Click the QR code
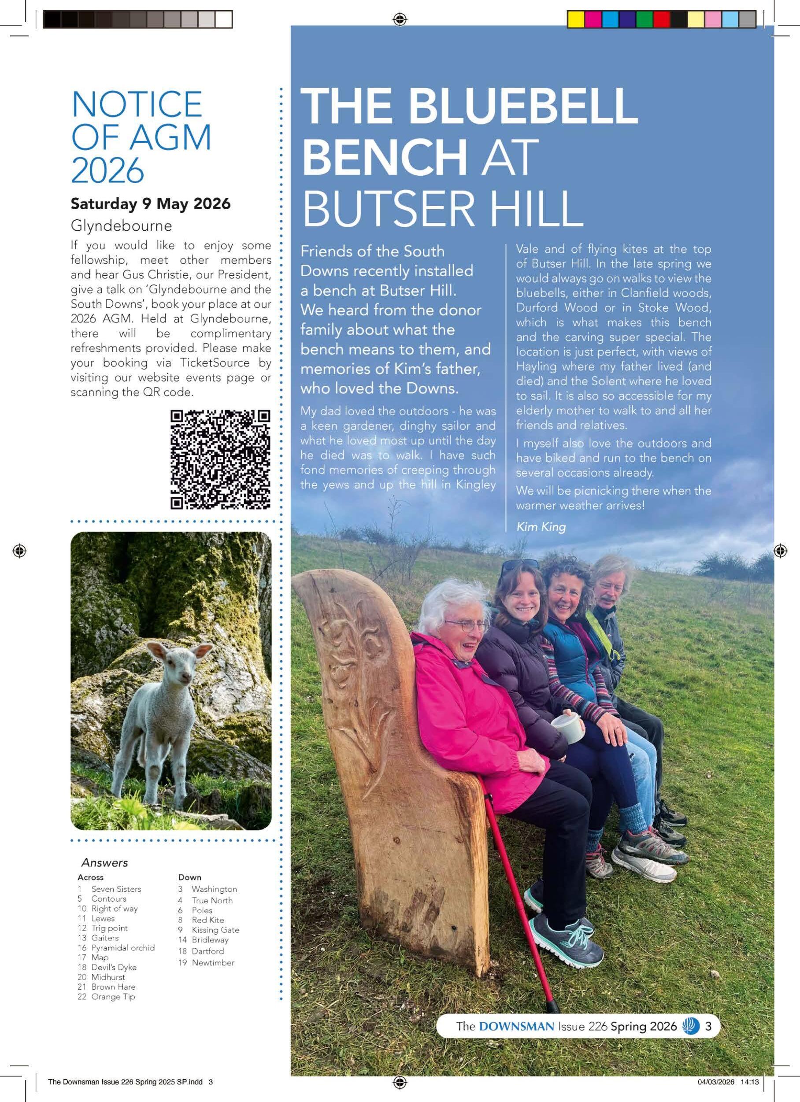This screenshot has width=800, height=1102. (x=220, y=460)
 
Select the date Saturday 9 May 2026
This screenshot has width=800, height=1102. (x=151, y=203)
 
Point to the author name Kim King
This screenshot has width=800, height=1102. (x=541, y=527)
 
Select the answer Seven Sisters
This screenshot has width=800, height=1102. (x=116, y=889)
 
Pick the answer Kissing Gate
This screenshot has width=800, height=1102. (x=215, y=929)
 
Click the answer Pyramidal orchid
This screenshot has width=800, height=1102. (x=123, y=947)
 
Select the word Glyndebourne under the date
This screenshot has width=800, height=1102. (x=121, y=226)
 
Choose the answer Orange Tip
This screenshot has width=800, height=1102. (x=113, y=997)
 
